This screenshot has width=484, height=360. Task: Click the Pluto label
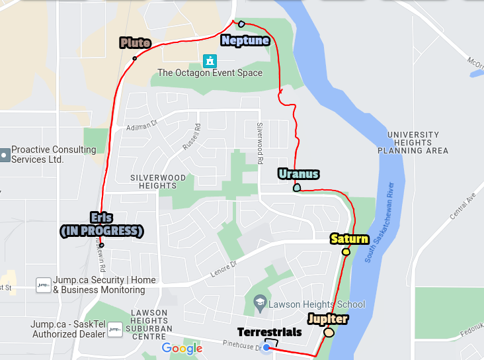coord(135,43)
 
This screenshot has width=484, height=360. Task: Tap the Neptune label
coord(245,40)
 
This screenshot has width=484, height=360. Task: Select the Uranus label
coord(298,174)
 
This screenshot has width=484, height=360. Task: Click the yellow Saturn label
coord(348,239)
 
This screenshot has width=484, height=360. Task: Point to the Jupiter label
coord(327,319)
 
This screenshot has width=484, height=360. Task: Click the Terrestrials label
coord(270,332)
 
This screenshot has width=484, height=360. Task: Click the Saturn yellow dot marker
coord(346,251)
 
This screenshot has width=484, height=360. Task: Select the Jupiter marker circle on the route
coord(329,332)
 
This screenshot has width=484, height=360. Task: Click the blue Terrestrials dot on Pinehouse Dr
coord(266,347)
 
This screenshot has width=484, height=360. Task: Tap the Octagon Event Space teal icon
coord(210,62)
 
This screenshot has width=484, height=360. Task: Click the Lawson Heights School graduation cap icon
coord(260,304)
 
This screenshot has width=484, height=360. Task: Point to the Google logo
coord(182,348)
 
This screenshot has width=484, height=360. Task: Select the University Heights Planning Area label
coord(413,142)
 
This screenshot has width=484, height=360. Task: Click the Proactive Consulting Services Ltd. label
coord(53,154)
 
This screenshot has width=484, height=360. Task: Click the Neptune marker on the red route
coord(241,23)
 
